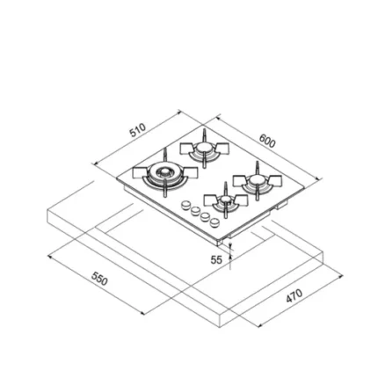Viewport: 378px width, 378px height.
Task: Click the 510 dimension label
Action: point(138,130)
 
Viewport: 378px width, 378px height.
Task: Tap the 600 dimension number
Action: point(267,141)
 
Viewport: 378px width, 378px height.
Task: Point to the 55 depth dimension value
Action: point(216,259)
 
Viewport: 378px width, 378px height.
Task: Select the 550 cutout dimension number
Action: point(99,279)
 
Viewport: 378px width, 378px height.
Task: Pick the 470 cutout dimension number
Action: point(294,295)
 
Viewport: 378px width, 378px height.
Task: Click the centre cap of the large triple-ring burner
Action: point(164,171)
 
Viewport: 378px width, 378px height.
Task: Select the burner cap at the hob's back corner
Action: point(203,148)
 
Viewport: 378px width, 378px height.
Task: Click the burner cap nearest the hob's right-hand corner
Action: point(257,179)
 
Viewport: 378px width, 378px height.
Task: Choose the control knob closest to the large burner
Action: point(185,205)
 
